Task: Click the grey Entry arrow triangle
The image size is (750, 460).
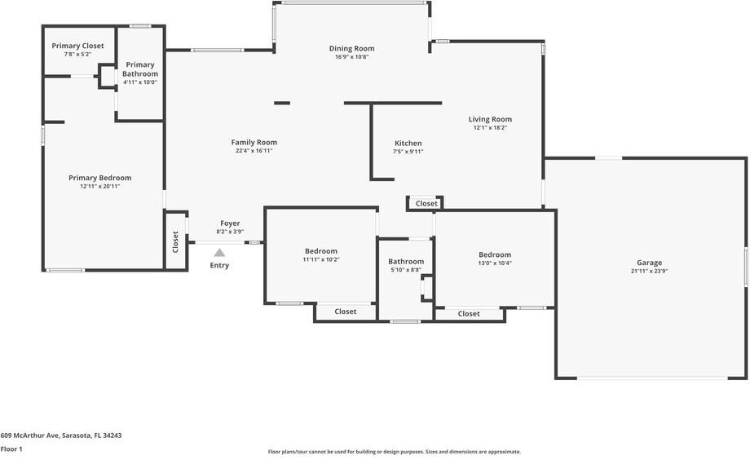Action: coord(219,253)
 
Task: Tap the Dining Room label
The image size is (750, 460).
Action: coord(351,48)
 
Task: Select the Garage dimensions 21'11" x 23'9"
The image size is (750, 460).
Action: coord(649,271)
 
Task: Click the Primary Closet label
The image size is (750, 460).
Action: coord(77,46)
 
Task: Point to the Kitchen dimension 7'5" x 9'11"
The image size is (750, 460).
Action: coord(408,152)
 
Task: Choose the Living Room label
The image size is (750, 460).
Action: coord(490,120)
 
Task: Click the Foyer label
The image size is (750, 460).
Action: coord(230,223)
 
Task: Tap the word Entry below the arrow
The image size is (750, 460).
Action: coord(219,265)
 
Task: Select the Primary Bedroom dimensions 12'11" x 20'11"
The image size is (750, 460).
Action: coord(99,186)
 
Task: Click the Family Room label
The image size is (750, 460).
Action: coord(254,142)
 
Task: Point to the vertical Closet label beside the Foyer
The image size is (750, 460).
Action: coord(175,241)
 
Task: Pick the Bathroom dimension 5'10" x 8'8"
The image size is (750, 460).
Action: coord(406,270)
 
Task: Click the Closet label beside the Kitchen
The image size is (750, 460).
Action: coord(426,203)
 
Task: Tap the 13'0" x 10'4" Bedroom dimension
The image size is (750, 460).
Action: coord(495,263)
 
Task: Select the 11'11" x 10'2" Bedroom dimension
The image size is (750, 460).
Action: coord(321,259)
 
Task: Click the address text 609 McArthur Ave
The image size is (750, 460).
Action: coord(29,436)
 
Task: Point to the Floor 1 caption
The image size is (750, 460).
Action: coord(11,449)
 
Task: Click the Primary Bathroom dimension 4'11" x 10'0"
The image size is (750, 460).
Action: coord(139,82)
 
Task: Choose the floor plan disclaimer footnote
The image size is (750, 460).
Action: coord(394,451)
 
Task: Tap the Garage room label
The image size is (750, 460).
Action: coord(649,263)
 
